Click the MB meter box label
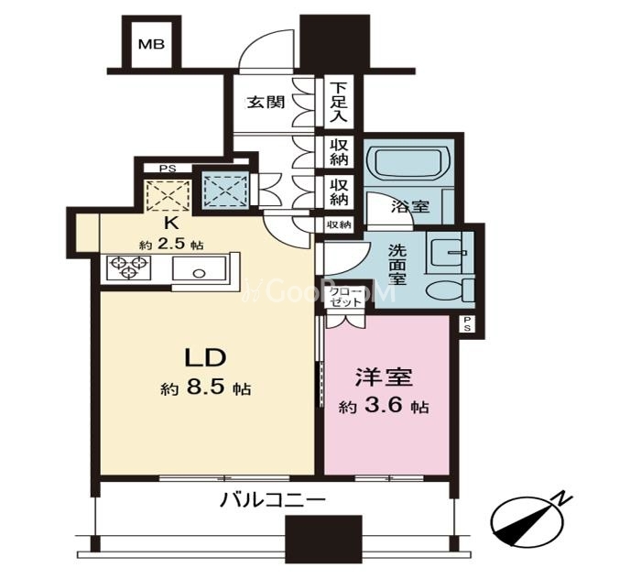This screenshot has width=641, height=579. click(x=151, y=44)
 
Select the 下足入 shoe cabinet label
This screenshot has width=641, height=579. click(x=339, y=103)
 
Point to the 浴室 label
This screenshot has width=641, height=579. click(x=410, y=206)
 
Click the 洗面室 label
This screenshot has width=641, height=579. click(x=397, y=264)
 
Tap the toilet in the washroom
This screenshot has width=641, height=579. click(x=451, y=291)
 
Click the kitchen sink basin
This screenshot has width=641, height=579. click(x=199, y=268)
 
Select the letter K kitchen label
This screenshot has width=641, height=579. click(x=172, y=224)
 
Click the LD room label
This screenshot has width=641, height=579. click(x=206, y=357)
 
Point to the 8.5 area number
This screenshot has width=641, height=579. click(x=206, y=388)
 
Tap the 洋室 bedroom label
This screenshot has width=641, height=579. click(x=384, y=377)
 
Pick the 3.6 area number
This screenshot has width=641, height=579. click(x=384, y=406)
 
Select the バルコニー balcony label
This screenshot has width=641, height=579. click(x=273, y=499)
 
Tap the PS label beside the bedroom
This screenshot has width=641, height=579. click(x=467, y=322)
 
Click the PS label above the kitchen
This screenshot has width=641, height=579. click(x=168, y=169)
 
